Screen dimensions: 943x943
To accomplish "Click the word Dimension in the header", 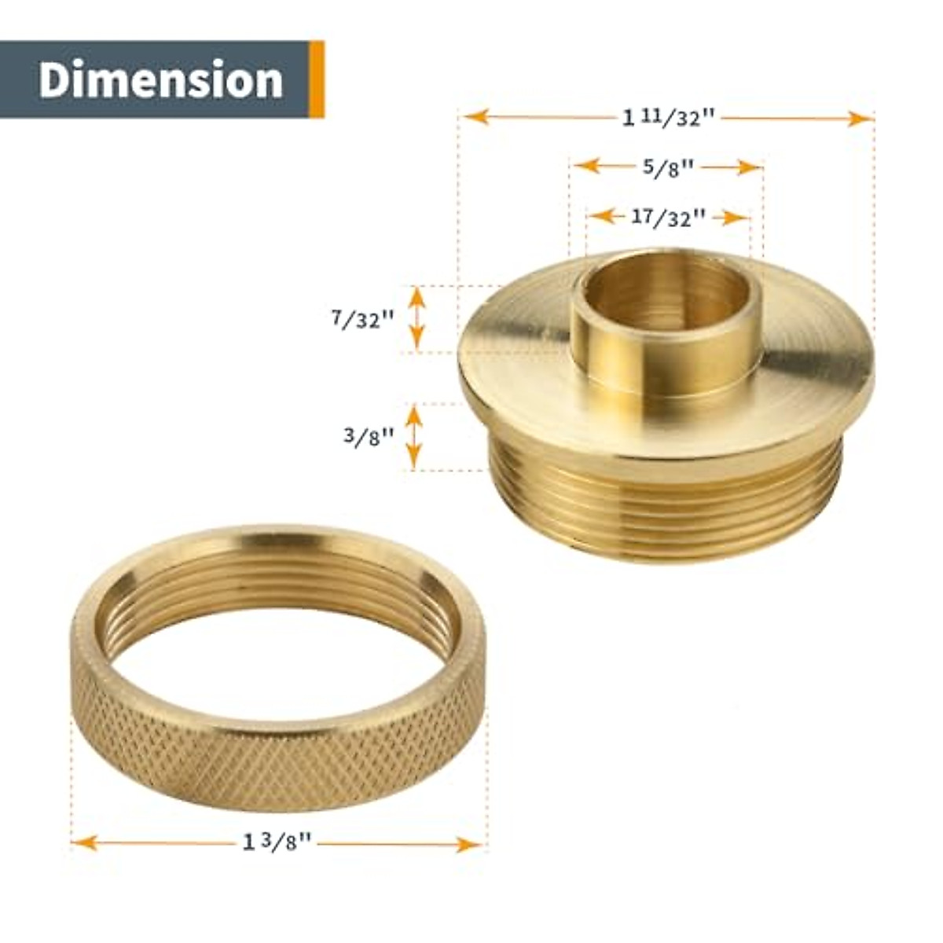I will pyautogui.click(x=160, y=80).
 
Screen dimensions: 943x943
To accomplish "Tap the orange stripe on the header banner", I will pyautogui.click(x=317, y=79).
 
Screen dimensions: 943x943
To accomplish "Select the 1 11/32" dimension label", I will pyautogui.click(x=669, y=118).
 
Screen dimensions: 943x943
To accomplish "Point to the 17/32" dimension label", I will pyautogui.click(x=668, y=217).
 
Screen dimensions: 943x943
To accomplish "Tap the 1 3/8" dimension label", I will pyautogui.click(x=277, y=843).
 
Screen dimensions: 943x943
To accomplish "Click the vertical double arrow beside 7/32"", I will pyautogui.click(x=417, y=318).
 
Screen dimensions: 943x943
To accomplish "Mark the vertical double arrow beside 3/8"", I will pyautogui.click(x=414, y=437).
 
